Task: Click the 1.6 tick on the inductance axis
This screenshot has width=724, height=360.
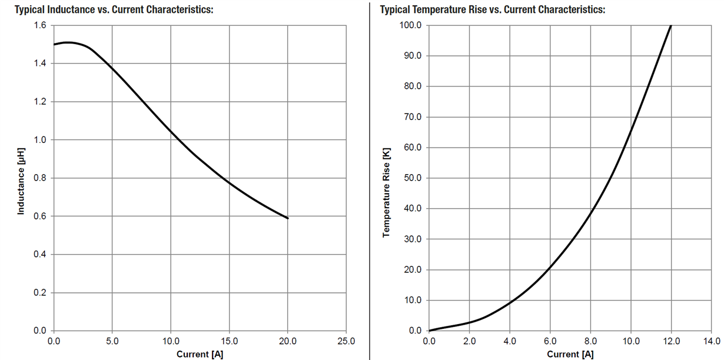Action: (x=39, y=25)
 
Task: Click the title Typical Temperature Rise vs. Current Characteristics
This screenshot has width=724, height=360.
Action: (x=493, y=10)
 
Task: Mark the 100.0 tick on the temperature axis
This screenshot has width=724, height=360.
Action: (x=410, y=25)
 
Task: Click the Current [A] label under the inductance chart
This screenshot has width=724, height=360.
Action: (x=200, y=354)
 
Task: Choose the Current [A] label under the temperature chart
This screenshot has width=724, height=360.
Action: (x=570, y=354)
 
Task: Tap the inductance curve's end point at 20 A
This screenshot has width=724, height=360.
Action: (x=288, y=218)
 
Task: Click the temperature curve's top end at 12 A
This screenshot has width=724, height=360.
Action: (x=671, y=25)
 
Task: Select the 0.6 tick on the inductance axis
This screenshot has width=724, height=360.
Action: (x=39, y=216)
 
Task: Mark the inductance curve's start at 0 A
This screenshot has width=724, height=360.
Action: (x=54, y=45)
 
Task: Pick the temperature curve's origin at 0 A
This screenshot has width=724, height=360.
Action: (x=429, y=331)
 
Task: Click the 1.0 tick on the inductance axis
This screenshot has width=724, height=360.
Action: (x=39, y=140)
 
